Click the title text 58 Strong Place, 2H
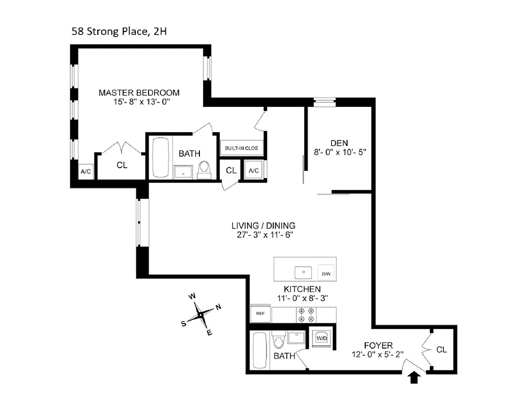click(x=119, y=32)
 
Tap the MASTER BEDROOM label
click(x=139, y=93)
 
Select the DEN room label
click(x=339, y=142)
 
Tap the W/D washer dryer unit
click(x=321, y=338)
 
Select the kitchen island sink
click(x=304, y=272)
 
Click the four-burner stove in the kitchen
click(x=308, y=314)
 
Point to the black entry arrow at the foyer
click(x=415, y=377)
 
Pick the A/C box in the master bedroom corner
click(x=85, y=172)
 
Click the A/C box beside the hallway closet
click(x=254, y=171)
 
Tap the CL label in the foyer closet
click(x=441, y=350)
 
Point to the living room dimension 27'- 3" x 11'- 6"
click(x=263, y=235)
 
